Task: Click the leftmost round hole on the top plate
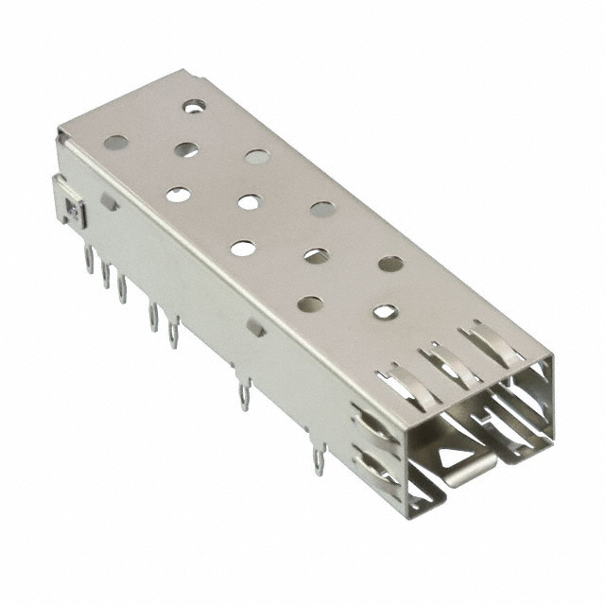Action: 115,143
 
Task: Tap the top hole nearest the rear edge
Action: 194,107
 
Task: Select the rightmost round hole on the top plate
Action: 390,264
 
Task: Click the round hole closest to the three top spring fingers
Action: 385,311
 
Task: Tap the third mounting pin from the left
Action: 122,287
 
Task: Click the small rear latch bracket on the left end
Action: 71,209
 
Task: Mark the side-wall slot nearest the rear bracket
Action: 110,202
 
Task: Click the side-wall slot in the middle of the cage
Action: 255,327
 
